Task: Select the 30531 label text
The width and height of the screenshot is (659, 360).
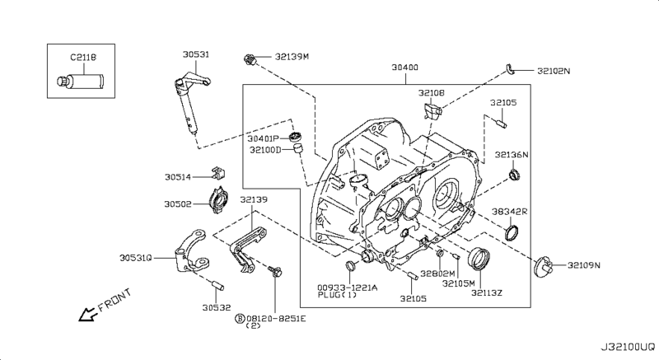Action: coord(195,54)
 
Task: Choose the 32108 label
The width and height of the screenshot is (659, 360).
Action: coord(430,94)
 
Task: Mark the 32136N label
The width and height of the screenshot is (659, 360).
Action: coord(512,154)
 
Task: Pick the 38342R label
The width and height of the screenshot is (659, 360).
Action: coord(510,212)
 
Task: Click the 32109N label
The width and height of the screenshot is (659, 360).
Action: coord(583,265)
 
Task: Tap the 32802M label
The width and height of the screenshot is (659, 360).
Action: coord(437,274)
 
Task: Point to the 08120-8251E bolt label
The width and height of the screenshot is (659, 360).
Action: coord(277,317)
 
